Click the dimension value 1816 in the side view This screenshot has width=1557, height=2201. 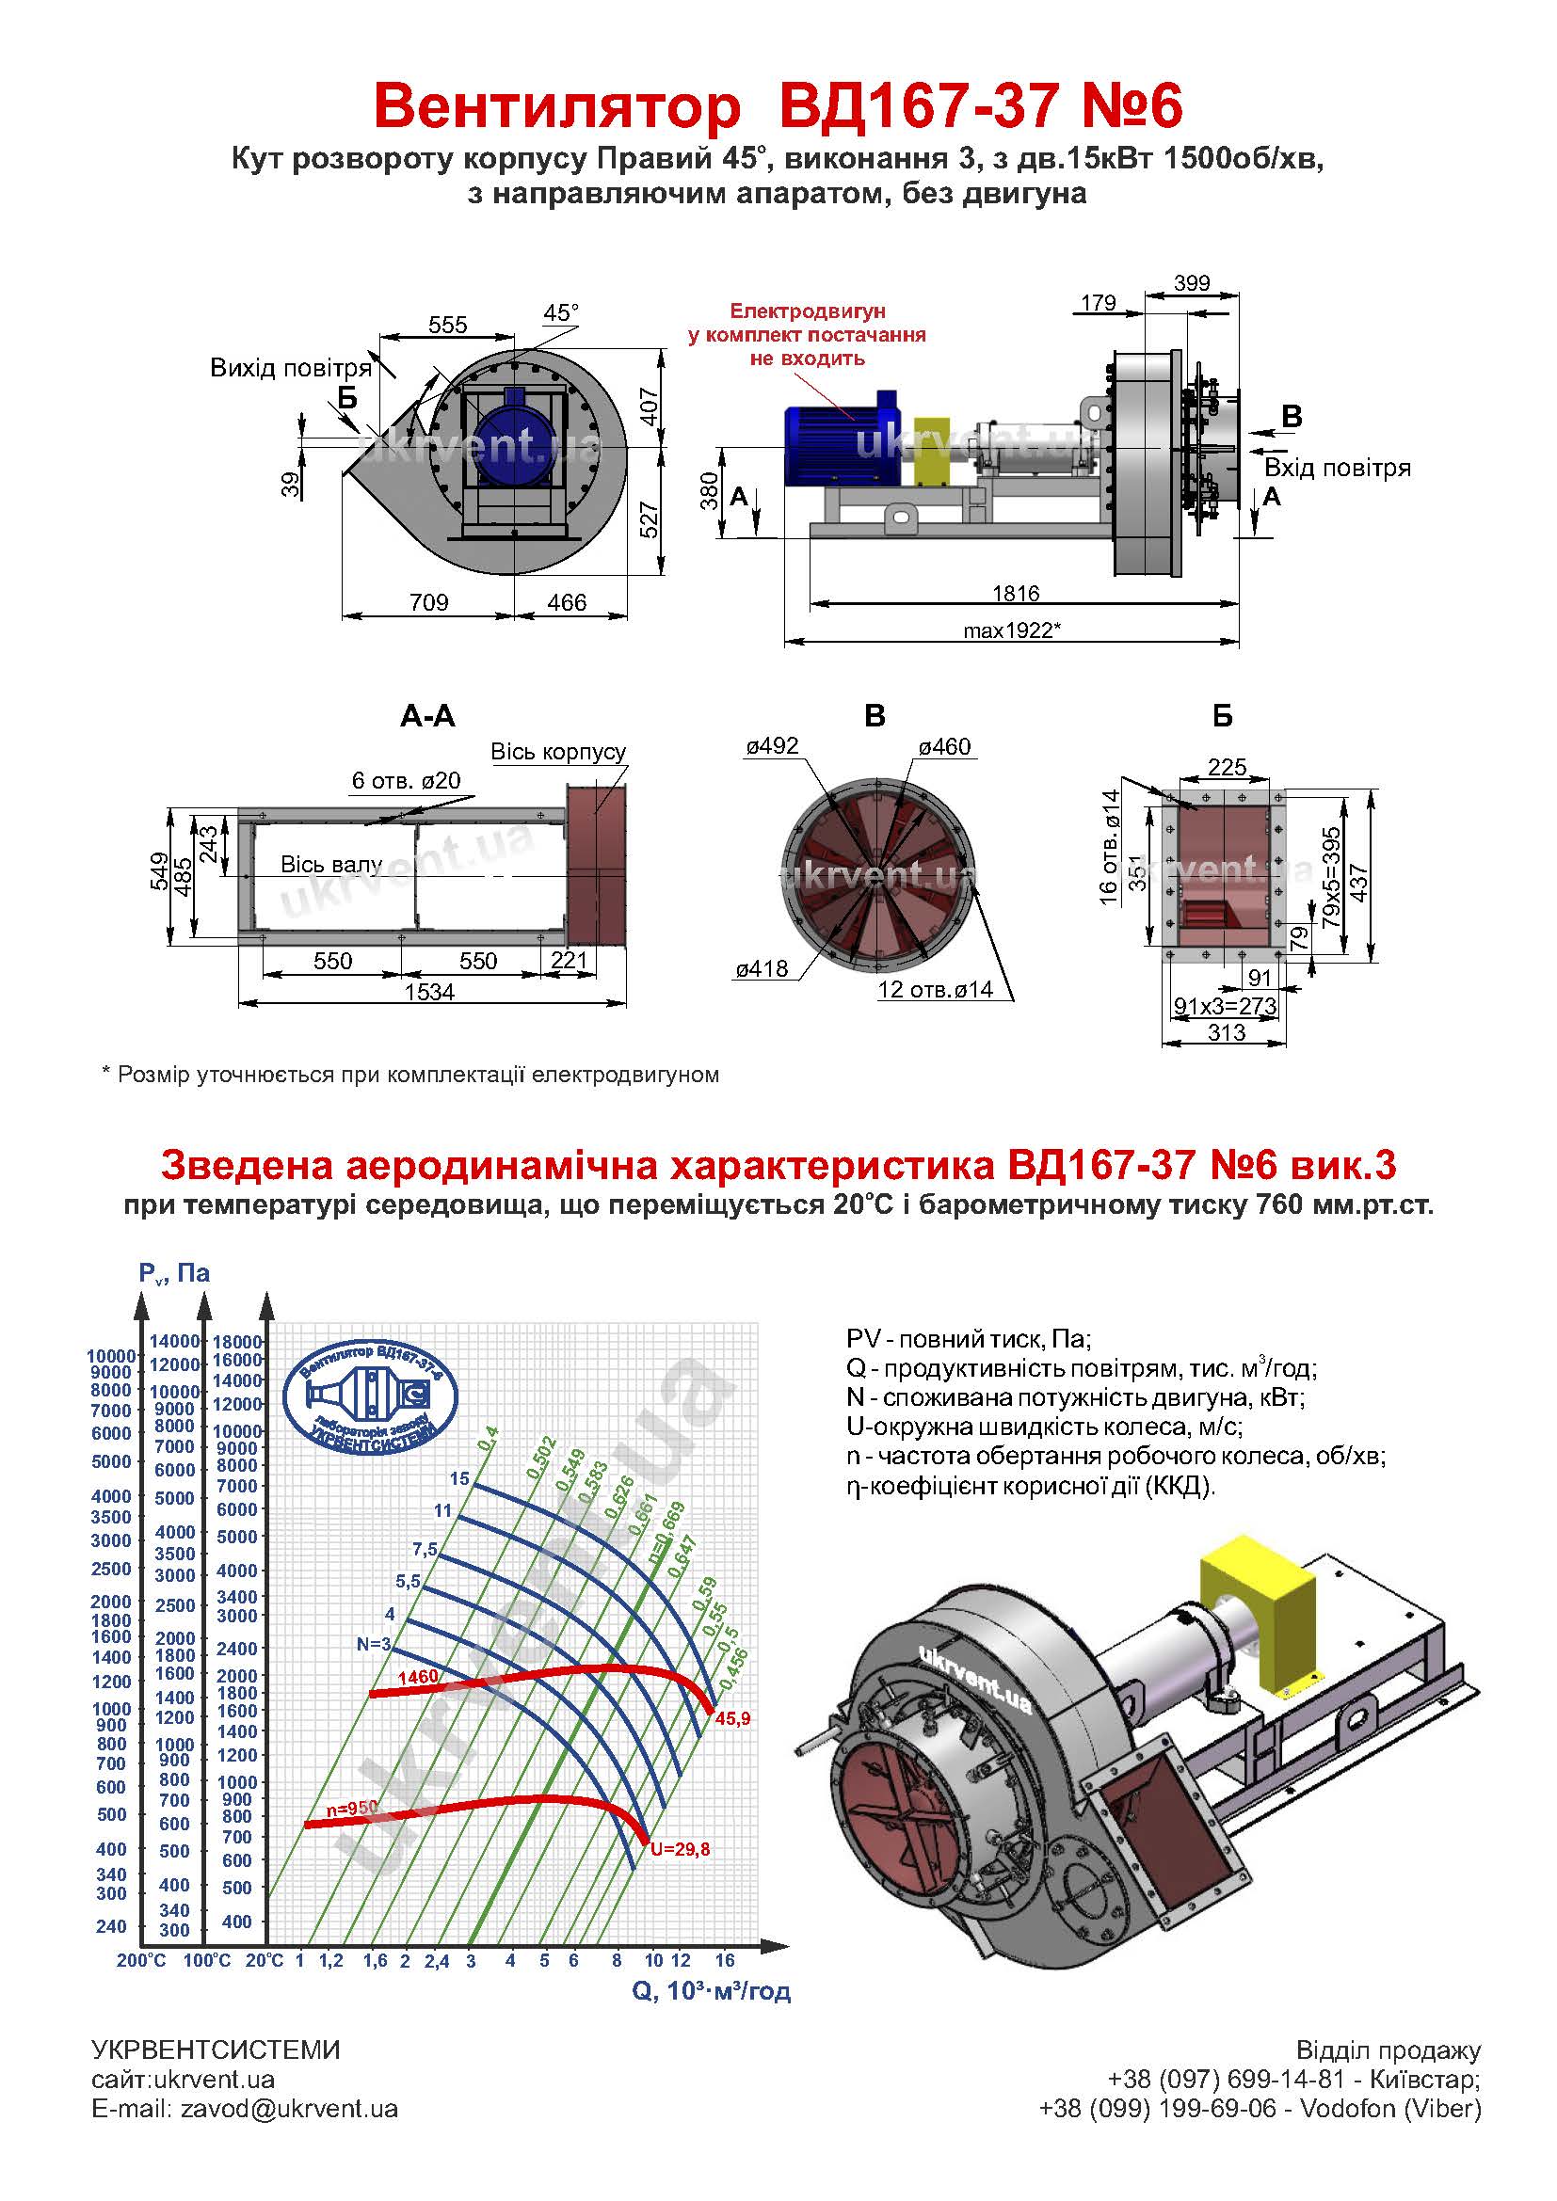tap(1016, 593)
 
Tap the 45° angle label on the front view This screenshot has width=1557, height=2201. tap(561, 312)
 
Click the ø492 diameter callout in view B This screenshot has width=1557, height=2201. tap(772, 746)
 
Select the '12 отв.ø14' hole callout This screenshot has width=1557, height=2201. tap(935, 989)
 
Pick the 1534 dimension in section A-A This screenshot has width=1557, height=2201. tap(428, 991)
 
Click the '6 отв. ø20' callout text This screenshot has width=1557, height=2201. tap(406, 780)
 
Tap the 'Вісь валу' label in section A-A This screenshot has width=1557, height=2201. tap(330, 864)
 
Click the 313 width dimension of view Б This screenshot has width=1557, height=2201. tap(1227, 1032)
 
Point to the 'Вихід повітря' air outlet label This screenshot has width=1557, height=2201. tap(291, 368)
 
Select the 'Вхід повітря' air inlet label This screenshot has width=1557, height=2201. tap(1338, 468)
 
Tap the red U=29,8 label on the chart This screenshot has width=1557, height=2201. tap(680, 1849)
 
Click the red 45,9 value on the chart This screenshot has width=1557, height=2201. tap(732, 1719)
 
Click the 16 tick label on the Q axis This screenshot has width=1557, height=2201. tap(725, 1960)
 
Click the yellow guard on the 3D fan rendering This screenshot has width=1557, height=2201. tap(1259, 1619)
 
